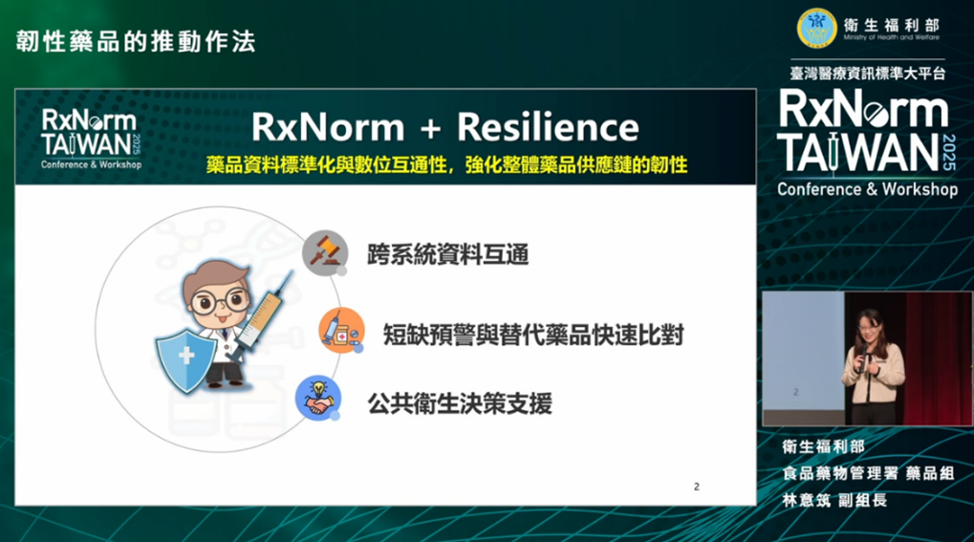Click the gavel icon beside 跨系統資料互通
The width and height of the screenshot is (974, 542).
[326, 253]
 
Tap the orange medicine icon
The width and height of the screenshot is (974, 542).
[341, 330]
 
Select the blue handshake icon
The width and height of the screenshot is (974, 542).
[318, 398]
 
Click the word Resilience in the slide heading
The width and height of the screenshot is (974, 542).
[548, 127]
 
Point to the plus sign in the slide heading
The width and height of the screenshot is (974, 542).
[430, 129]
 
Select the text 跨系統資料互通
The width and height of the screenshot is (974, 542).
[448, 254]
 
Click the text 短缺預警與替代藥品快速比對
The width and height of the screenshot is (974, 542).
[533, 335]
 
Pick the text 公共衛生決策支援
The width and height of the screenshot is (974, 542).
[460, 404]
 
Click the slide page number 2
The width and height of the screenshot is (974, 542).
[697, 487]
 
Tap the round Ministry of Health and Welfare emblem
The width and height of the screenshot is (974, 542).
[817, 28]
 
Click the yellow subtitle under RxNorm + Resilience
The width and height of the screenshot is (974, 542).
[446, 164]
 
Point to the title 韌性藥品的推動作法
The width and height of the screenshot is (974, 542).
[136, 42]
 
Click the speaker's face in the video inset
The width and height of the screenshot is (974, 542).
[869, 325]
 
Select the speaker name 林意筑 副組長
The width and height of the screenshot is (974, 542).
[834, 500]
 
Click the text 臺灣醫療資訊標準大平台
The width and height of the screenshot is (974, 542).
[868, 74]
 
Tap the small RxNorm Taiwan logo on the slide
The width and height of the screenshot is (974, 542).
[92, 140]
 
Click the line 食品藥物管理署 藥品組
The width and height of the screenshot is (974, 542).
[868, 473]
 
